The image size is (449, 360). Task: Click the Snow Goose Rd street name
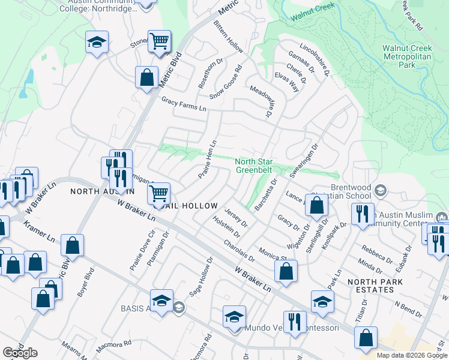pyautogui.click(x=226, y=82)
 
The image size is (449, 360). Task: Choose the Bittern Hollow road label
pyautogui.click(x=228, y=36)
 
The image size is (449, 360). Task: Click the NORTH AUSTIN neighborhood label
pyautogui.click(x=102, y=191)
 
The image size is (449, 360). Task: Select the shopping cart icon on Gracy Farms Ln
pyautogui.click(x=159, y=41)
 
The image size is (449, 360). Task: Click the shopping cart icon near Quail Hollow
pyautogui.click(x=158, y=193)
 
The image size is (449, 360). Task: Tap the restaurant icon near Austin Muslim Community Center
pyautogui.click(x=363, y=214)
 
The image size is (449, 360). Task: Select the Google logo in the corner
pyautogui.click(x=20, y=353)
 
